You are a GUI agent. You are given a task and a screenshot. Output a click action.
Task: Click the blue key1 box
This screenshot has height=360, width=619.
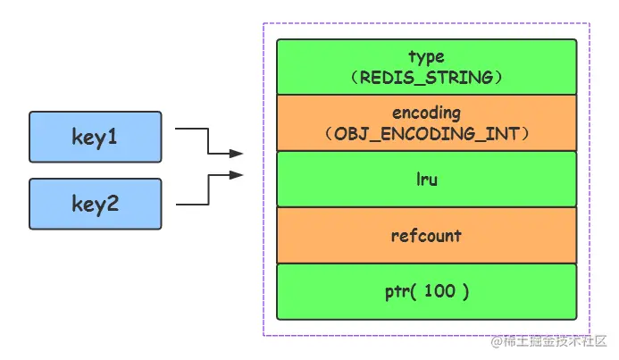[x=96, y=137]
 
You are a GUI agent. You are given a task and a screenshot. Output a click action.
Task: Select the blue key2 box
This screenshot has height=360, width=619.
[x=96, y=204]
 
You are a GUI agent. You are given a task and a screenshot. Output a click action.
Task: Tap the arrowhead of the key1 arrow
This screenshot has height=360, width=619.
[x=236, y=154]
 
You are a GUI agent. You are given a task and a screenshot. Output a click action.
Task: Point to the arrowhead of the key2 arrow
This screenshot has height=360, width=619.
[x=236, y=175]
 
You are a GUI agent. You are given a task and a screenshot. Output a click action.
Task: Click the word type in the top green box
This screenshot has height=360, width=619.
[x=426, y=57]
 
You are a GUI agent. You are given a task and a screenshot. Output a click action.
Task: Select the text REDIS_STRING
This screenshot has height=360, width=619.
[x=426, y=78]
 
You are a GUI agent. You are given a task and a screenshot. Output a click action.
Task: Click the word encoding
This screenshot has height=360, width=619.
[x=426, y=113]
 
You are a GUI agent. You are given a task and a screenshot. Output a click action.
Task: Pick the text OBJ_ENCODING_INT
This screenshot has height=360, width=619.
[x=426, y=134]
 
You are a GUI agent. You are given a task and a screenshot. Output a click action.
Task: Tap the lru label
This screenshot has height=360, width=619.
[x=427, y=180]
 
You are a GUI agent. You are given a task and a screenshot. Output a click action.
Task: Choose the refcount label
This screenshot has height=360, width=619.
[x=426, y=236]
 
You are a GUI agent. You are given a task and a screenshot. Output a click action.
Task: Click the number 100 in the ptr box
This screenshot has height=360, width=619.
[x=439, y=291]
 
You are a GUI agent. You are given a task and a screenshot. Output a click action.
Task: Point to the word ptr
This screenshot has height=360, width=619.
[x=397, y=292]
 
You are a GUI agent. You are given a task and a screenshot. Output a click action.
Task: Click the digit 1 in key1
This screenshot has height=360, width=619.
[x=113, y=137]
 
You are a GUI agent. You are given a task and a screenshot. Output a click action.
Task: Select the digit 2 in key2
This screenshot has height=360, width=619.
[x=113, y=204]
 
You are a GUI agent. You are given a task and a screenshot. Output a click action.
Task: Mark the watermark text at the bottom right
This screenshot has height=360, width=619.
[x=548, y=341]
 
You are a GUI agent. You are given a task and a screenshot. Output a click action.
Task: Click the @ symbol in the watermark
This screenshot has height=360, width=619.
[x=497, y=341]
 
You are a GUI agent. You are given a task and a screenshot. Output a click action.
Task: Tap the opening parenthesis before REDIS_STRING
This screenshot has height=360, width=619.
[x=355, y=78]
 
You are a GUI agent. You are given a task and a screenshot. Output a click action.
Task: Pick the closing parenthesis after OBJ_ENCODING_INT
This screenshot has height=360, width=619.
[x=525, y=134]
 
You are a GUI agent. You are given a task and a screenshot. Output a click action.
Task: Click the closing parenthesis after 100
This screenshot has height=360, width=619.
[x=466, y=292]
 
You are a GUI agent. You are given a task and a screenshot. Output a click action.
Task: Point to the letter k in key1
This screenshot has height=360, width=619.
[x=77, y=137]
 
